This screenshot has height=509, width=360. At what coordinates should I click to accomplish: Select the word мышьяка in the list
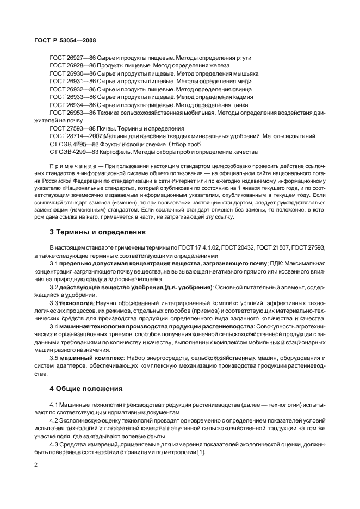click(x=245, y=73)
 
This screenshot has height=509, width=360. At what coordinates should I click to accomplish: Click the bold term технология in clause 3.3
click(x=77, y=302)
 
